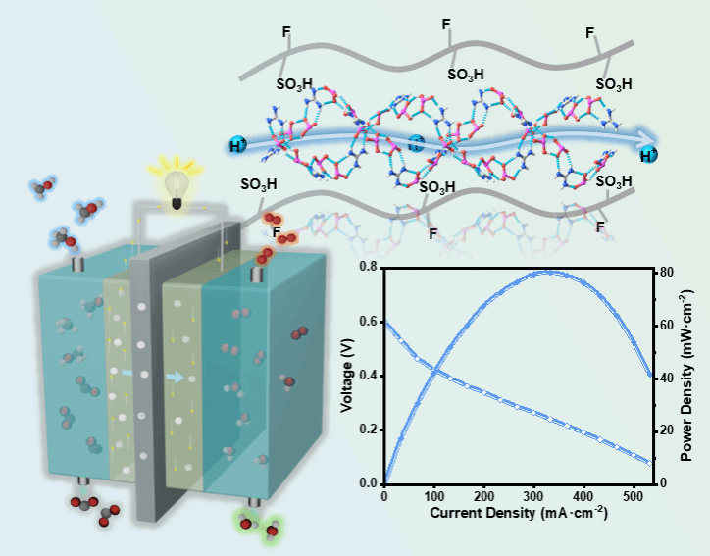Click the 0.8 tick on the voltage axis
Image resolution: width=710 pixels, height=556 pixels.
point(369,267)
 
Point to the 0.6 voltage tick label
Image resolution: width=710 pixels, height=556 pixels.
point(369,321)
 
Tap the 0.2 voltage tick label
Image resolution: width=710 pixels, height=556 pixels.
point(369,430)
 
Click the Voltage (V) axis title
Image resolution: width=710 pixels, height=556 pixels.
point(348,376)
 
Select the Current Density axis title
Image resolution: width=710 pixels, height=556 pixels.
point(518,513)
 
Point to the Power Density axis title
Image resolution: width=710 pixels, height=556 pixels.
point(688,376)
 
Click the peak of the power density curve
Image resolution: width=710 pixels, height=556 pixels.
point(546,272)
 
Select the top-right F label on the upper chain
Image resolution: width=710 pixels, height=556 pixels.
point(590,33)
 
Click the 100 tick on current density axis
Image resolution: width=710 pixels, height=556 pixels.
point(432,496)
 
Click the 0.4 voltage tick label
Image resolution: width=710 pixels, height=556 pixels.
point(369,376)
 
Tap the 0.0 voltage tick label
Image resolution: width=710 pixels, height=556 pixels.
point(369,483)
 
